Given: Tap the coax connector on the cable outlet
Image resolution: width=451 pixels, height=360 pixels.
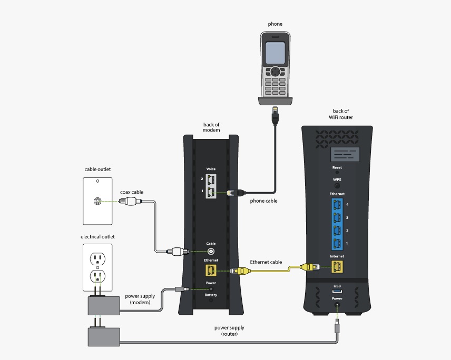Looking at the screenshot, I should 97,201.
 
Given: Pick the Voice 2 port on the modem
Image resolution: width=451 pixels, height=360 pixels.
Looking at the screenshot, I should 211,179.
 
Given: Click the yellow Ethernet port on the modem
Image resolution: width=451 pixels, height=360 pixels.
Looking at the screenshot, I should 211,270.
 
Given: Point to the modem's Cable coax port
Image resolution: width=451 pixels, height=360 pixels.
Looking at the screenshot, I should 211,251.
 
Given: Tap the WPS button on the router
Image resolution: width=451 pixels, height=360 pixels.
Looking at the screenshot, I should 337,186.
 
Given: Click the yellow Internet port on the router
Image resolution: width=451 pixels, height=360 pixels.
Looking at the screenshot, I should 337,267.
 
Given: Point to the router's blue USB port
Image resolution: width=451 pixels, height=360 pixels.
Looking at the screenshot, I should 337,291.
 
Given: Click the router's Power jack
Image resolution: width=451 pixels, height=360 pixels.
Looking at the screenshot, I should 337,304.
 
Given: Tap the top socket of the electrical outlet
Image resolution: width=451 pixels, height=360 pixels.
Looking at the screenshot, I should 97,258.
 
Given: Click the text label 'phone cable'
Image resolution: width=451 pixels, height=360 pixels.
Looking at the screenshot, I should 263,201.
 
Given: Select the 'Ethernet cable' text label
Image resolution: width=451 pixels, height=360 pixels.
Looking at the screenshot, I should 266,262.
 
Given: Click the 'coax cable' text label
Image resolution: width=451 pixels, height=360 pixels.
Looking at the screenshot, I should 132,192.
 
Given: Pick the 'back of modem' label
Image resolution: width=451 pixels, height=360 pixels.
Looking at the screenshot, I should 211,127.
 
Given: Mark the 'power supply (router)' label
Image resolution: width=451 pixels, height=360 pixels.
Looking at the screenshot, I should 229,331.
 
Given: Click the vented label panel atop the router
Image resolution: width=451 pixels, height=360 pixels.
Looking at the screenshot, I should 337,155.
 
